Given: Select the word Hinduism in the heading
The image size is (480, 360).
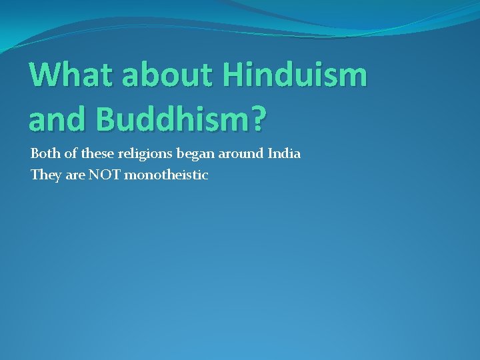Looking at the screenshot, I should coord(295,75).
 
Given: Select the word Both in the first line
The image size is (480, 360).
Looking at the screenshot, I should coord(44,154).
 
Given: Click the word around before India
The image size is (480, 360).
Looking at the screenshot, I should coord(240,154).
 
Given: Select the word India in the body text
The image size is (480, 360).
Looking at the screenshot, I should coord(284,154).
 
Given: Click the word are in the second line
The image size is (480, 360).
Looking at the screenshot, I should coord(75,176).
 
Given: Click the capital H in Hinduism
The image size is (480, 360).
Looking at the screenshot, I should coord(235,75).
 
